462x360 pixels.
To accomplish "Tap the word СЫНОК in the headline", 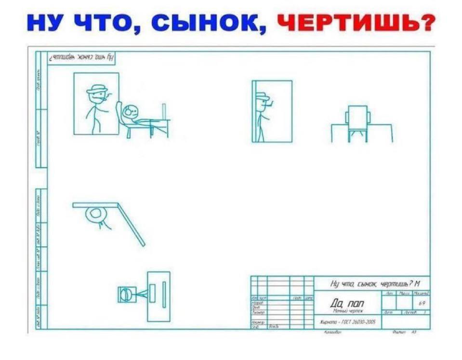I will tap(212, 22).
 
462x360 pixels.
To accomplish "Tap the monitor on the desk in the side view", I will tap(164, 111).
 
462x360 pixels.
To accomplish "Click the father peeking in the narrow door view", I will tap(262, 113).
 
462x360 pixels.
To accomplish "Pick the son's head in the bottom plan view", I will tap(126, 294).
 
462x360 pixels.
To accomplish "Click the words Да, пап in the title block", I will tap(347, 303).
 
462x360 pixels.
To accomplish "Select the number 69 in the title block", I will tap(422, 303).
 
